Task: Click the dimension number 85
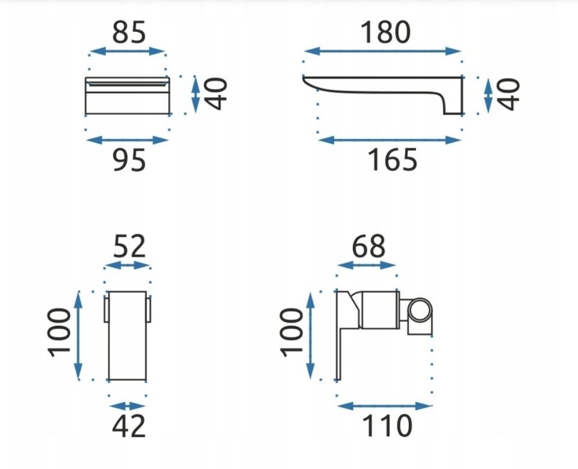[x=129, y=32]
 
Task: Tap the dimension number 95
[x=129, y=160]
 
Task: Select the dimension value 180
[x=385, y=32]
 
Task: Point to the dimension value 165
[x=392, y=160]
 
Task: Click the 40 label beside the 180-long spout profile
[x=508, y=94]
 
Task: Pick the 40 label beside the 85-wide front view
[x=216, y=94]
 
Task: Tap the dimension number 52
[x=129, y=246]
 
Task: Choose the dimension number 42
[x=129, y=426]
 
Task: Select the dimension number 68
[x=368, y=246]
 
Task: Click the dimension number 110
[x=387, y=426]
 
